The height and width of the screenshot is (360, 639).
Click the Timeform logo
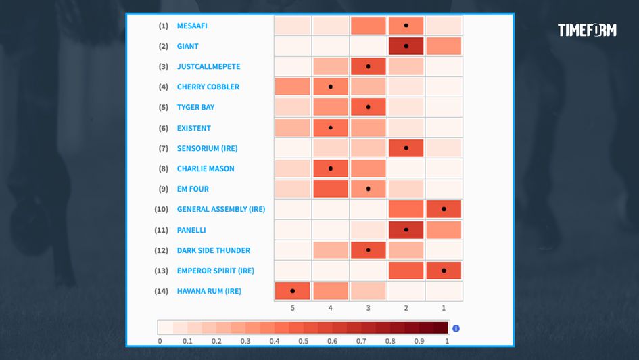(x=587, y=30)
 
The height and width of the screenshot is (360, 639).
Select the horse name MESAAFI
(x=193, y=26)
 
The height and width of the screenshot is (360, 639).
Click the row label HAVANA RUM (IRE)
(x=209, y=291)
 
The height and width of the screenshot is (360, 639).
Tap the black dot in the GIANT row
(x=406, y=46)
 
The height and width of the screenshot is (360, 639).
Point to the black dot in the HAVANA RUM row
(x=292, y=291)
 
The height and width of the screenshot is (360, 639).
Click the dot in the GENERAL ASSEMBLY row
(x=444, y=209)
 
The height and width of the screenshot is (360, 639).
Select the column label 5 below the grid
(x=292, y=308)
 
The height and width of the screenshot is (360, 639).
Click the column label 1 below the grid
(x=444, y=308)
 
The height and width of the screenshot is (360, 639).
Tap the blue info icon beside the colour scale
(x=456, y=328)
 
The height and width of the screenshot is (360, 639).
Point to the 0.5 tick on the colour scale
(x=303, y=341)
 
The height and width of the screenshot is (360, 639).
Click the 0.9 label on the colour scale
(x=419, y=341)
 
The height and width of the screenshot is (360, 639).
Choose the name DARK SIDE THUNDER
(x=213, y=250)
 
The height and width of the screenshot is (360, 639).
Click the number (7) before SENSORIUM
(x=163, y=148)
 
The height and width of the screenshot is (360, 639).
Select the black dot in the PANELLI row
(x=406, y=229)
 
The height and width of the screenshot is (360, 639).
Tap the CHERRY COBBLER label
(x=208, y=87)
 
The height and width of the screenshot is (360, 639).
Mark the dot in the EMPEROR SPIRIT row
(x=444, y=271)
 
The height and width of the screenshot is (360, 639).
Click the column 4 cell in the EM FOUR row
(x=330, y=189)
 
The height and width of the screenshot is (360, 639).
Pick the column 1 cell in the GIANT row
(x=444, y=46)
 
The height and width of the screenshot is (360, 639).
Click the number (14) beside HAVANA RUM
(x=161, y=291)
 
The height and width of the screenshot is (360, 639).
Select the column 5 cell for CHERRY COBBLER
(x=292, y=87)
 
